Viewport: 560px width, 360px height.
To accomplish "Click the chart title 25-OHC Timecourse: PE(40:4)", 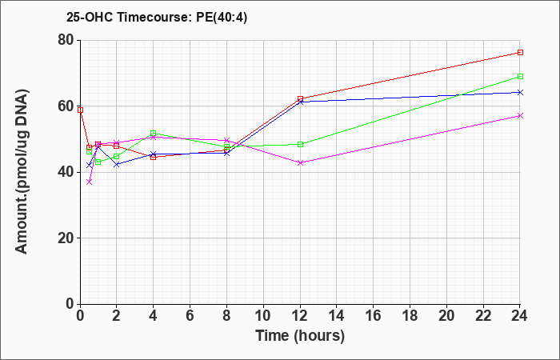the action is tap(157, 18).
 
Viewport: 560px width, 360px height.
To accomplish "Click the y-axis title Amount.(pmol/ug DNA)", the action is tap(22, 172).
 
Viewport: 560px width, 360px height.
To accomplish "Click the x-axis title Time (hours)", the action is tap(300, 336).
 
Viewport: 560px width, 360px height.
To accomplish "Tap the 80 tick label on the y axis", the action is tap(66, 40).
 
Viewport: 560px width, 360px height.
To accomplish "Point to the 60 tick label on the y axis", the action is tap(66, 106).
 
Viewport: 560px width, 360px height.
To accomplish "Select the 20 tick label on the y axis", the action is tap(66, 238).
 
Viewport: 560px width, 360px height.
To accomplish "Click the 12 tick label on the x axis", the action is tap(300, 315).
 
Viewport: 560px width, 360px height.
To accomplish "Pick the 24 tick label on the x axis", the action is tap(520, 315).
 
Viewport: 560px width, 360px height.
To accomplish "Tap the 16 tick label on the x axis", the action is tap(374, 315).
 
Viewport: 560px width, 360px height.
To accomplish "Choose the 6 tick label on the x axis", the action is tap(190, 315).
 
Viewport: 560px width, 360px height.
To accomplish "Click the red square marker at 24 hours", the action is tap(520, 53).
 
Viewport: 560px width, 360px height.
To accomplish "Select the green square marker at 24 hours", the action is tap(520, 77).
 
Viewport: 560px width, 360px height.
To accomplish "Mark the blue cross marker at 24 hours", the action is tap(520, 93).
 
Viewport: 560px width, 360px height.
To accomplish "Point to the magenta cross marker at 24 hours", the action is tap(520, 116).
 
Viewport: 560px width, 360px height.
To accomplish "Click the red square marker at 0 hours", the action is tap(80, 110).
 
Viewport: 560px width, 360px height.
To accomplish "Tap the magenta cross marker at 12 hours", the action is tap(300, 163).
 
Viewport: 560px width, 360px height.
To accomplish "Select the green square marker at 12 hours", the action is tap(300, 144).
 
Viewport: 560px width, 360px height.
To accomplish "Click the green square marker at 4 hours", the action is tap(154, 134).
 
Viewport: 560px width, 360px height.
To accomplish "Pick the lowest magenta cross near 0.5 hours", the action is tap(90, 182).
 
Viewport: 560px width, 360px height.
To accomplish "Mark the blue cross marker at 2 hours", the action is tap(117, 164).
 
